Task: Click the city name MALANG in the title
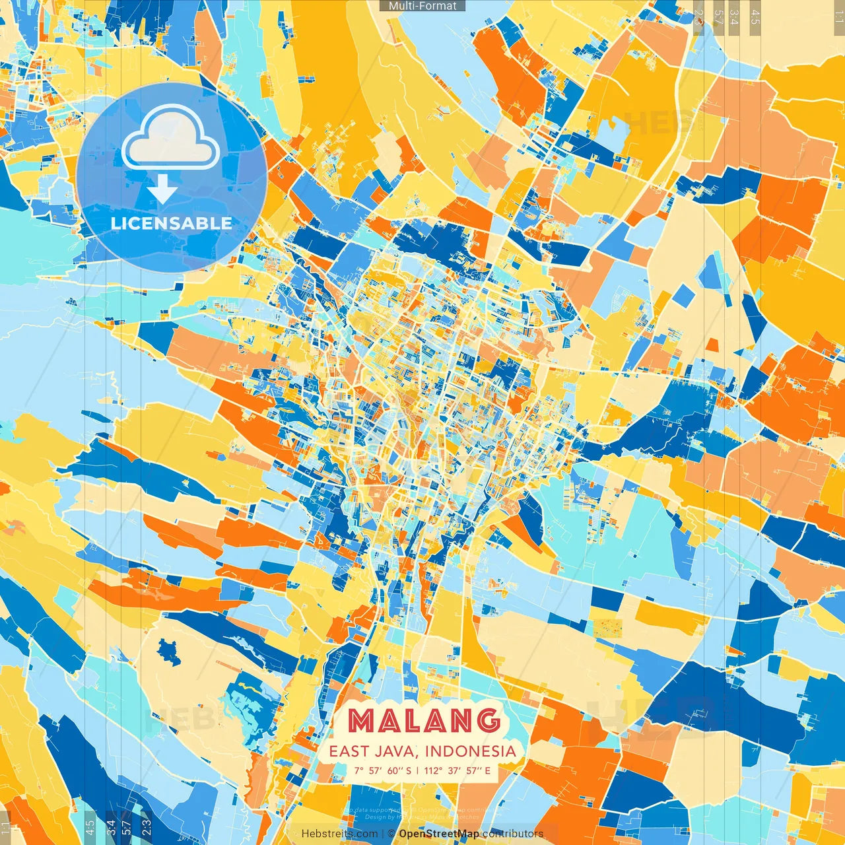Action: pos(423,720)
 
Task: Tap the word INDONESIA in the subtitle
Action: pos(471,751)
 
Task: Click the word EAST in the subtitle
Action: pos(349,751)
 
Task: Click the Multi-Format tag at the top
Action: pos(422,6)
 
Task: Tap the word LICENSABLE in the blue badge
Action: pos(172,223)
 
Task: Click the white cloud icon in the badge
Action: pos(170,138)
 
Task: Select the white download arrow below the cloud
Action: pos(162,190)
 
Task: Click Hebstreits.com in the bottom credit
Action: pos(340,834)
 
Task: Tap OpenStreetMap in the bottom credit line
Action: pos(439,834)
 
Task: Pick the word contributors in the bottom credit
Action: pos(513,834)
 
